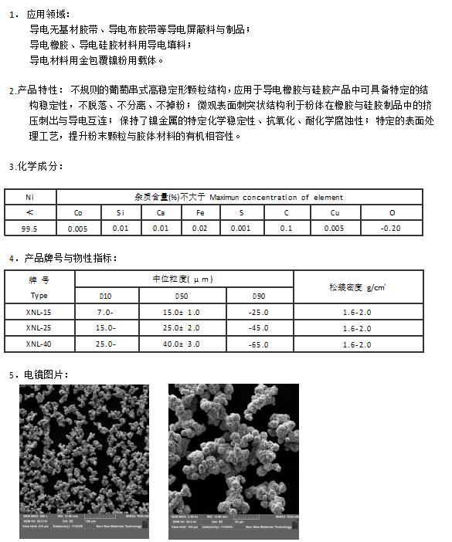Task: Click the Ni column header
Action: (x=30, y=197)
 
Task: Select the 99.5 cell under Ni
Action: (x=30, y=229)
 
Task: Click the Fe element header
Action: (x=200, y=212)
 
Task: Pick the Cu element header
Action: (x=334, y=212)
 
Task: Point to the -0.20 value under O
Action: (x=392, y=229)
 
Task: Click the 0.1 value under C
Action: (x=286, y=229)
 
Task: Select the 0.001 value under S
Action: (x=241, y=229)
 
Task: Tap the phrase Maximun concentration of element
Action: (x=276, y=197)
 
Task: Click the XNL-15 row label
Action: (x=39, y=312)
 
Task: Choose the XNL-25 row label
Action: (x=39, y=328)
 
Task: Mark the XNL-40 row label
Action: (x=39, y=344)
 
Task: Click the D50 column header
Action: (x=182, y=296)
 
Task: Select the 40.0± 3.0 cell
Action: (x=182, y=344)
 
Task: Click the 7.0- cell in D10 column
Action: (x=105, y=312)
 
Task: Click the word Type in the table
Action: (x=39, y=296)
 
